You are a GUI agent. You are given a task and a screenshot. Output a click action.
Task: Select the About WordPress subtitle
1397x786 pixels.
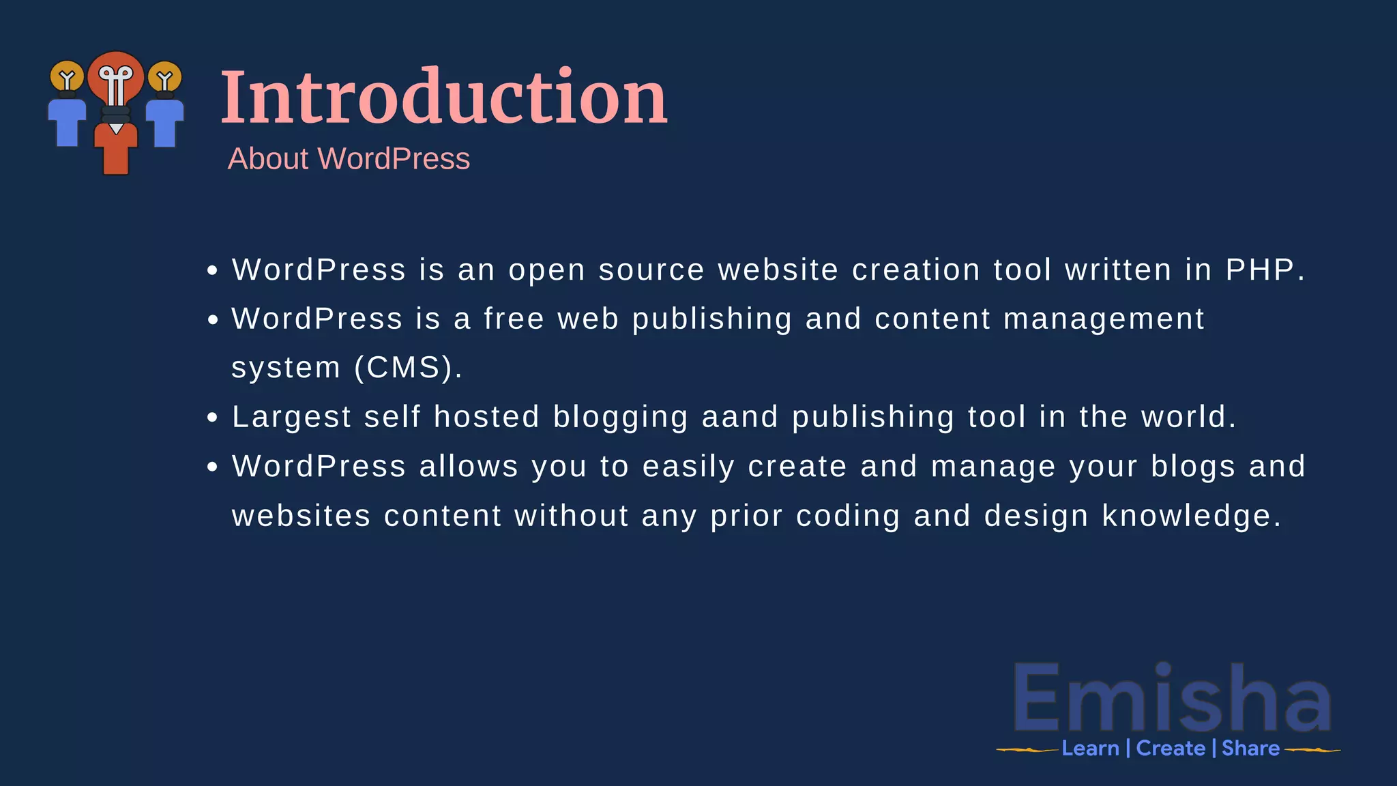pyautogui.click(x=349, y=159)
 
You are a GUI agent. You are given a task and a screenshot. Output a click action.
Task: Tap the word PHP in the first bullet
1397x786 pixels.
pyautogui.click(x=1260, y=270)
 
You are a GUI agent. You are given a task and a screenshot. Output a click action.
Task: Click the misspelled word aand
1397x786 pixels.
pyautogui.click(x=740, y=417)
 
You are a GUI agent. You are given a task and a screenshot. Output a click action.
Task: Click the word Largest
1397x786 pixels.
pyautogui.click(x=291, y=417)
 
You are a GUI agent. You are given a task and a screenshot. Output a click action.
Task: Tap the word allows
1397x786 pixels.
pyautogui.click(x=469, y=467)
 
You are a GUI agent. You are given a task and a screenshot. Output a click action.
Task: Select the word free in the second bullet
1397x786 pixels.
pyautogui.click(x=514, y=319)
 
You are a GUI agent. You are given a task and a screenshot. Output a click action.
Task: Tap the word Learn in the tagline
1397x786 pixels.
pyautogui.click(x=1090, y=748)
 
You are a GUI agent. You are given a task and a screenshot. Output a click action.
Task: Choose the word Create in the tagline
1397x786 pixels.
pyautogui.click(x=1171, y=748)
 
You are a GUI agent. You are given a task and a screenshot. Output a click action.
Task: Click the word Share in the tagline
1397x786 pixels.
pyautogui.click(x=1250, y=748)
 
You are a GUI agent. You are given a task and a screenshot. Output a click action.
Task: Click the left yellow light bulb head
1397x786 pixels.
pyautogui.click(x=67, y=76)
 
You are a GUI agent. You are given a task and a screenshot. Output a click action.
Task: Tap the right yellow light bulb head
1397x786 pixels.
pyautogui.click(x=164, y=77)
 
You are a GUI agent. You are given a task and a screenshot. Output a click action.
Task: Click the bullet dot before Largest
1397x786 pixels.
pyautogui.click(x=213, y=418)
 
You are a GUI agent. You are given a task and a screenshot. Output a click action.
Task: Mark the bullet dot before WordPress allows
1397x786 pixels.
pyautogui.click(x=213, y=467)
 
